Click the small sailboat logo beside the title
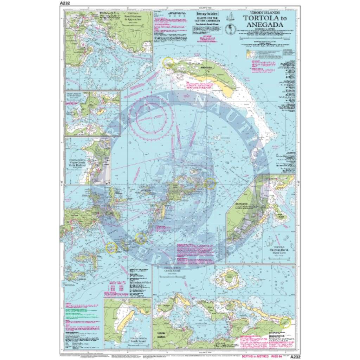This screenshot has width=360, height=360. (231, 17)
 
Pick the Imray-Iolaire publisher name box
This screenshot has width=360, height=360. (205, 14)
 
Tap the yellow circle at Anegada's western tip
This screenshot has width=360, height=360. (168, 62)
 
